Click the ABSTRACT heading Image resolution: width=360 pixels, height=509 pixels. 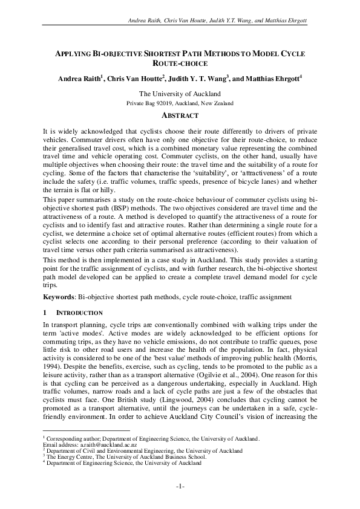[180, 115]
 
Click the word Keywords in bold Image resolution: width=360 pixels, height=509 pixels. [62, 297]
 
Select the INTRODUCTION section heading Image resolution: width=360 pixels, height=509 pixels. [79, 313]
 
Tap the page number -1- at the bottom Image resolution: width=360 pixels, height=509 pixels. [180, 486]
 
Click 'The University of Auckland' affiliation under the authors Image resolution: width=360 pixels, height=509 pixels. [180, 94]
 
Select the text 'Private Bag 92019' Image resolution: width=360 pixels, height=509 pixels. [151, 103]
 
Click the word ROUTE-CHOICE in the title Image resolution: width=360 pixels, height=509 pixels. [180, 63]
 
